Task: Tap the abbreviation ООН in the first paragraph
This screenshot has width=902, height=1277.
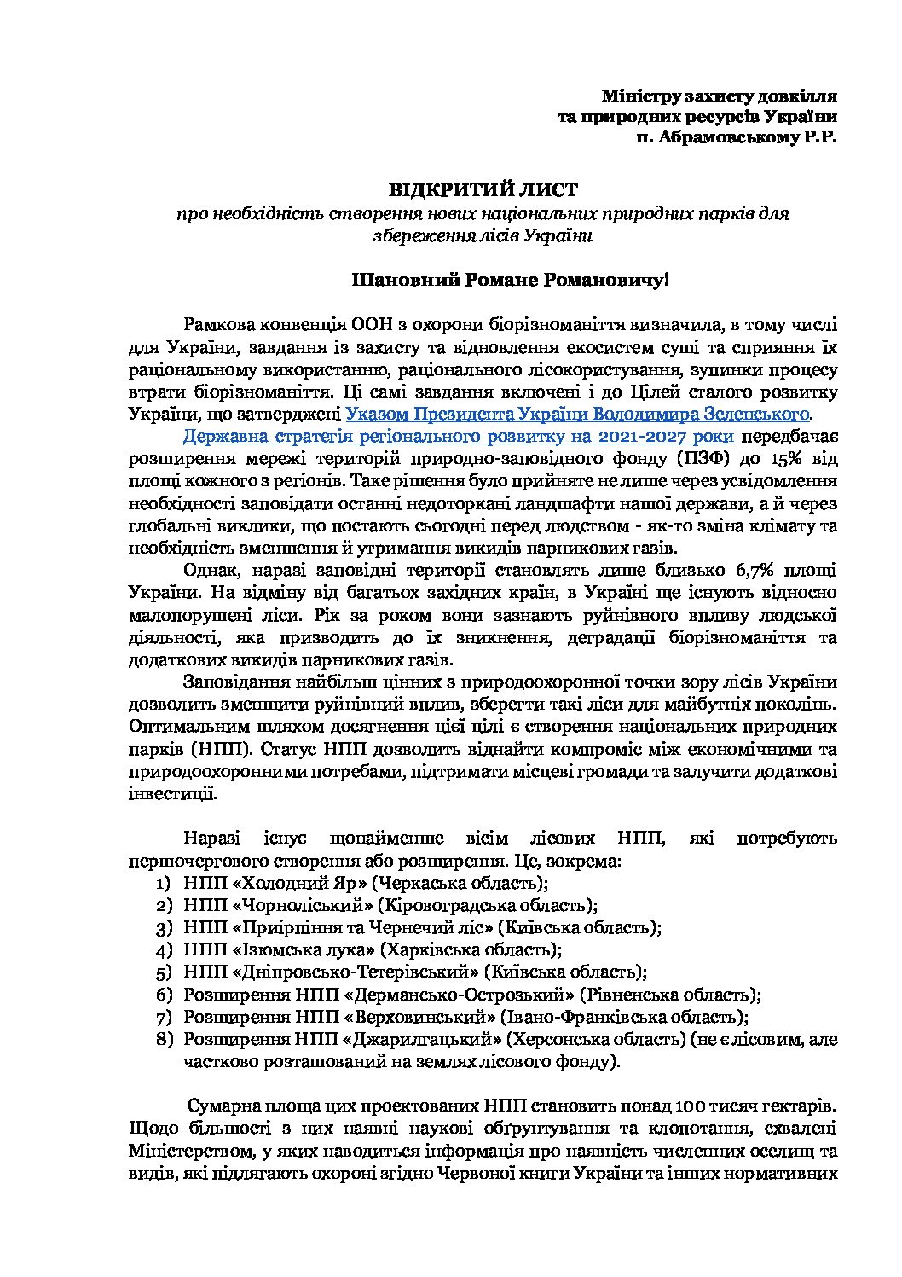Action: coord(369,325)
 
